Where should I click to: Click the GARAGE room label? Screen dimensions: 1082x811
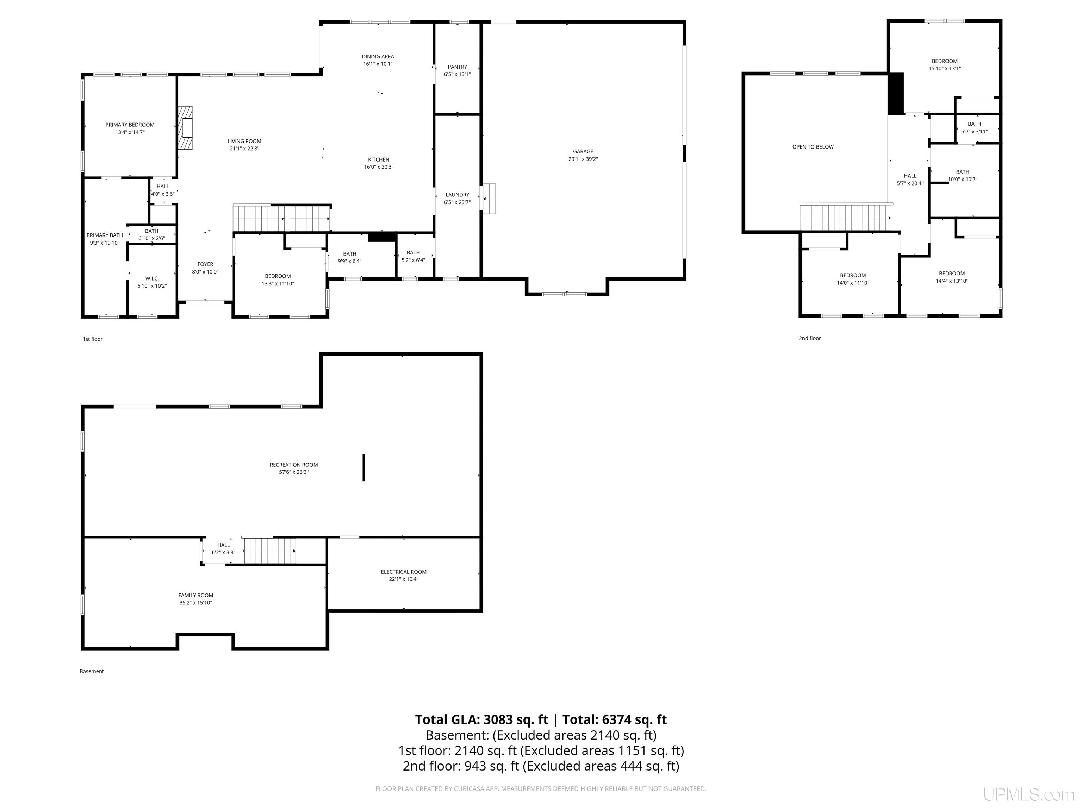click(583, 152)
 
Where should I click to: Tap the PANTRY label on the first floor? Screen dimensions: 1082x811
click(458, 67)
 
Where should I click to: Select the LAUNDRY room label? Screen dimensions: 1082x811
click(458, 195)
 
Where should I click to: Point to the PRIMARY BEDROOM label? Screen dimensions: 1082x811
click(130, 125)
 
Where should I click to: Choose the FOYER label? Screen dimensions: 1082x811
click(205, 264)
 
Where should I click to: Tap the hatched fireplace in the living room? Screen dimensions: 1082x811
click(185, 128)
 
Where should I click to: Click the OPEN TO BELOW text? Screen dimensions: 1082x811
click(813, 147)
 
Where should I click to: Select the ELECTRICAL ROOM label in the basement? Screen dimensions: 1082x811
click(404, 571)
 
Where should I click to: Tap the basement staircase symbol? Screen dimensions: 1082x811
click(269, 551)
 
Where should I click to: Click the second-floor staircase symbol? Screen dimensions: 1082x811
click(846, 217)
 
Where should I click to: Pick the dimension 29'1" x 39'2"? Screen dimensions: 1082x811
click(583, 159)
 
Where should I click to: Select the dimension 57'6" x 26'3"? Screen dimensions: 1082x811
click(294, 472)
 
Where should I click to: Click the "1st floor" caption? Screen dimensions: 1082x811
click(92, 339)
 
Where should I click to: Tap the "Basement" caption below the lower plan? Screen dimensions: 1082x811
click(92, 671)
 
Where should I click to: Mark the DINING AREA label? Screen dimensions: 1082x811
click(378, 57)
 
